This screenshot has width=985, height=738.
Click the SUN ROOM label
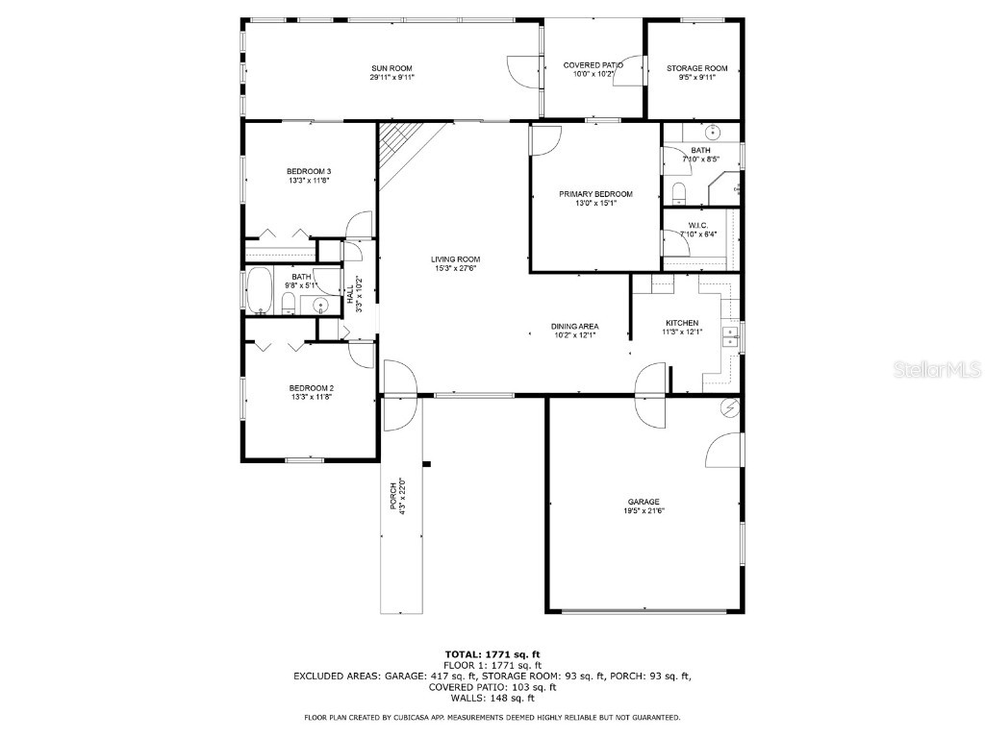391,68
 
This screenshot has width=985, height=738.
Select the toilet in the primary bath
678,195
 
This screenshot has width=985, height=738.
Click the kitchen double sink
732,334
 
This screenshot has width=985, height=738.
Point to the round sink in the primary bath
713,133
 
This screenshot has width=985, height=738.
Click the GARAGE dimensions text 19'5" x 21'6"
644,511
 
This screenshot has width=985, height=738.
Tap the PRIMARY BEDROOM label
595,194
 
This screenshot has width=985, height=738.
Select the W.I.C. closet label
698,225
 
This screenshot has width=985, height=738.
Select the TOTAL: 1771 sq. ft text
492,653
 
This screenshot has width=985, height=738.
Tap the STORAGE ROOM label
696,68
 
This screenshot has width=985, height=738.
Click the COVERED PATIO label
593,65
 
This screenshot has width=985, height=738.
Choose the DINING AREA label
575,327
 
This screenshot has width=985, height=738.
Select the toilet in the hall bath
289,305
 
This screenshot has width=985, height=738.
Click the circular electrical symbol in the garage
730,407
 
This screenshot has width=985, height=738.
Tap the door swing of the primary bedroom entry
543,140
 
